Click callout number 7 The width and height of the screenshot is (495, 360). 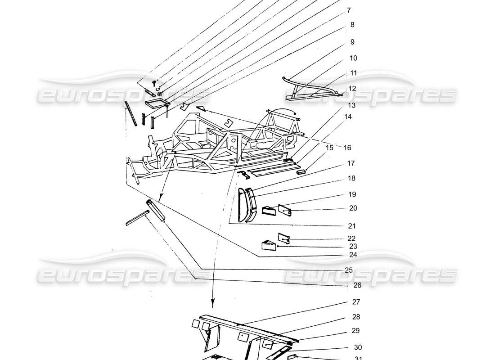tap(349, 9)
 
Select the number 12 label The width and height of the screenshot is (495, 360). tap(352, 89)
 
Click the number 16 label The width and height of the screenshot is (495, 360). tap(347, 148)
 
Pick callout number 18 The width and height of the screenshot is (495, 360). tap(351, 178)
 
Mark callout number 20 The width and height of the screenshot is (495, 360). tap(353, 208)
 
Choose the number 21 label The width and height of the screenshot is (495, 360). tap(351, 226)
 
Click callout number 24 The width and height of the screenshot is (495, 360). tap(352, 255)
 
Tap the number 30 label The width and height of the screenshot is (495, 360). tap(357, 347)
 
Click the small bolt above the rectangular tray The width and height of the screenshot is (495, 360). tap(154, 83)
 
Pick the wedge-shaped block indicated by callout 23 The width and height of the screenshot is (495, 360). tap(268, 244)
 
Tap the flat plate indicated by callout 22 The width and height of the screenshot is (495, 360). tap(283, 237)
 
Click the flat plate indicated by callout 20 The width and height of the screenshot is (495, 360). tap(284, 210)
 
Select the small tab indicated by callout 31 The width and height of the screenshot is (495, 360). tap(292, 357)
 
